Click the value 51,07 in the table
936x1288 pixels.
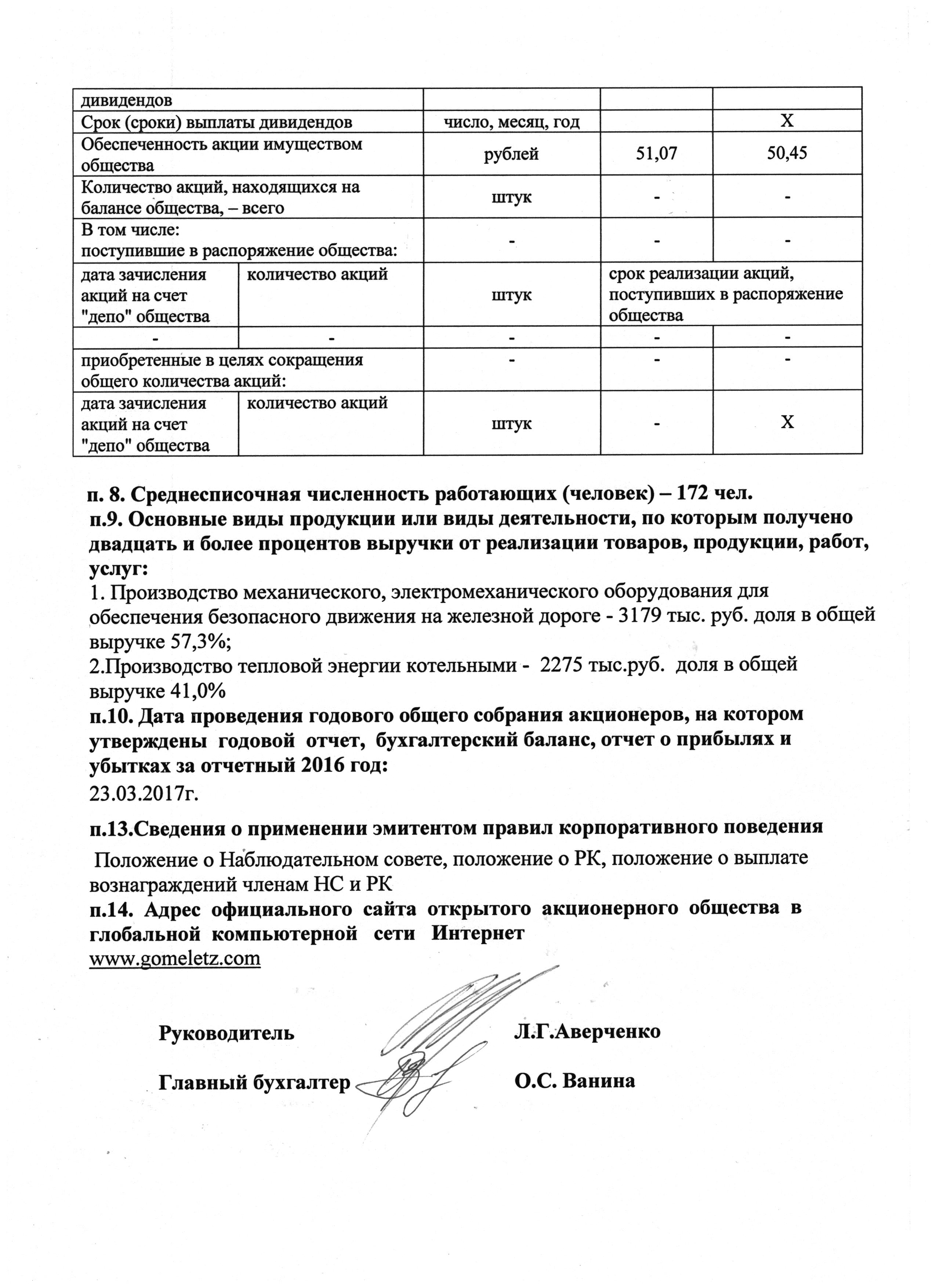pyautogui.click(x=656, y=154)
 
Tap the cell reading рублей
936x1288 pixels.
pyautogui.click(x=511, y=154)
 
